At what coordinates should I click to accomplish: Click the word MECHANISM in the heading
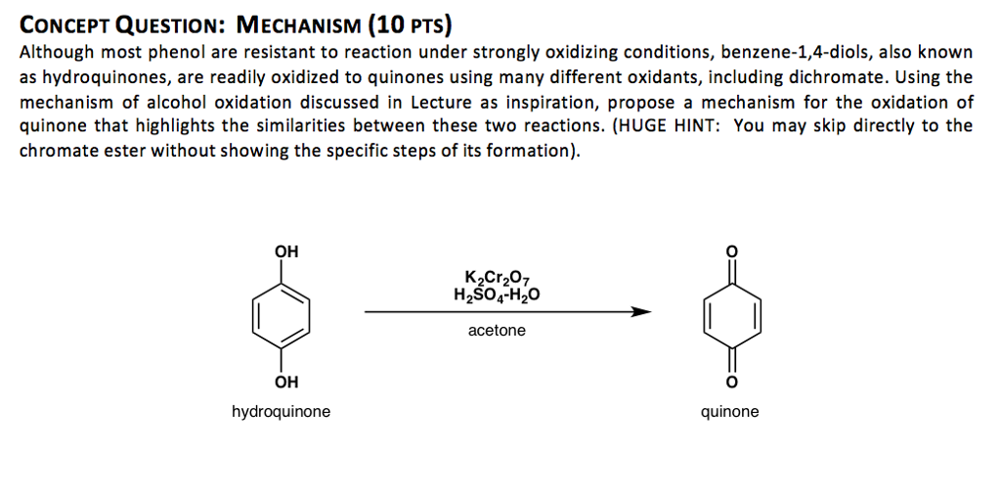(291, 25)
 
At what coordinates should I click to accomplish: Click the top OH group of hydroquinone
(286, 251)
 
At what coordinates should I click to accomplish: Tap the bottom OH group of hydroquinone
(286, 384)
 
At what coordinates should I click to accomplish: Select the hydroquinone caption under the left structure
(281, 412)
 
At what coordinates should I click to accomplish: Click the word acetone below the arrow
(497, 331)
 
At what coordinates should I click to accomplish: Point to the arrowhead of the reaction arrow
(640, 312)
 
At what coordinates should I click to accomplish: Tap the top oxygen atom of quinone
(731, 251)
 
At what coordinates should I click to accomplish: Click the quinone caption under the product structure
(730, 412)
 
